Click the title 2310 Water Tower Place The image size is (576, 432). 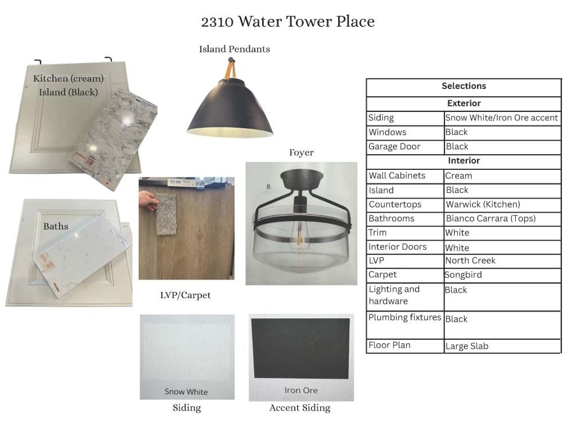pos(287,22)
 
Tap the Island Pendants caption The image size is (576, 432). pos(234,49)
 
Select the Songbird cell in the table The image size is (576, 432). pos(464,275)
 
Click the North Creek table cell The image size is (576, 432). pos(470,260)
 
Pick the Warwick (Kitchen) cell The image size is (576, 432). pos(483,204)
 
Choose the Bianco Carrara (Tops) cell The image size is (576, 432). pos(490,218)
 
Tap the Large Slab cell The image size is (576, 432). pos(466,346)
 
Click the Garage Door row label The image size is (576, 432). pos(394,146)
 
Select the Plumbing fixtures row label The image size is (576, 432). pos(404,317)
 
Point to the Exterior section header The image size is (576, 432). pos(463,103)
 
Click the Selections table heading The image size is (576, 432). pos(463,86)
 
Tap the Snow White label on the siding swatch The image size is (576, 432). pos(186,391)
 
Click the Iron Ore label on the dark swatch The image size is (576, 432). pos(301,390)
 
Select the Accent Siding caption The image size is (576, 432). pos(300,408)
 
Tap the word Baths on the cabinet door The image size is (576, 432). pos(56,226)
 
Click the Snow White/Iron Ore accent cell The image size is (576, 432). pos(501,118)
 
